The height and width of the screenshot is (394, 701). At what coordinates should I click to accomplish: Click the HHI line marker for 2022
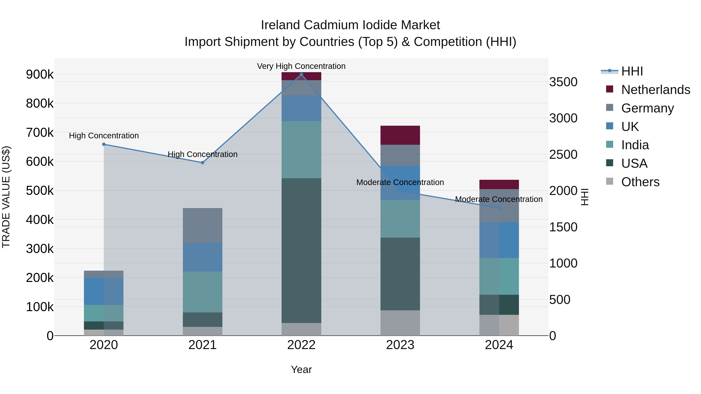pyautogui.click(x=301, y=75)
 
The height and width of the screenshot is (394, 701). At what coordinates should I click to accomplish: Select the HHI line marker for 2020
pyautogui.click(x=104, y=144)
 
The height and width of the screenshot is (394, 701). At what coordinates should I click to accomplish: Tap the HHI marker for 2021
pyautogui.click(x=203, y=163)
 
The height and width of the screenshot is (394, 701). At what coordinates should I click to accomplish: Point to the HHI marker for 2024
pyautogui.click(x=499, y=208)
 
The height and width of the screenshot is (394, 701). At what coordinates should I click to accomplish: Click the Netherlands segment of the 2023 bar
pyautogui.click(x=400, y=135)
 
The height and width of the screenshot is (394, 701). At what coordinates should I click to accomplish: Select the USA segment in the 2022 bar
pyautogui.click(x=301, y=250)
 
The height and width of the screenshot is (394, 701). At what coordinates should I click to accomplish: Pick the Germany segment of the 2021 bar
pyautogui.click(x=203, y=226)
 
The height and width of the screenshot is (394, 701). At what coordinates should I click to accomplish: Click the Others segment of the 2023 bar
pyautogui.click(x=400, y=323)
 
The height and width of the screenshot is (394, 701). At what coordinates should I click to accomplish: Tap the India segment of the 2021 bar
pyautogui.click(x=203, y=292)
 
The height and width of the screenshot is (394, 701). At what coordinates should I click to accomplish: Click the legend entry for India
pyautogui.click(x=635, y=145)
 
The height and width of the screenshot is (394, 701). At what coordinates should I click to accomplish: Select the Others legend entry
pyautogui.click(x=640, y=182)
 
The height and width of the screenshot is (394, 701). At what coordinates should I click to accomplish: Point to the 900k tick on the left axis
pyautogui.click(x=40, y=75)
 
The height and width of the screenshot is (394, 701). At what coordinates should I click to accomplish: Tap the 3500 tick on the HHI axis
pyautogui.click(x=563, y=82)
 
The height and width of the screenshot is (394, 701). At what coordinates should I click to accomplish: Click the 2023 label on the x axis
pyautogui.click(x=400, y=345)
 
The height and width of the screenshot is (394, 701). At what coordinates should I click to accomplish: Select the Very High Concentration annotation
pyautogui.click(x=301, y=66)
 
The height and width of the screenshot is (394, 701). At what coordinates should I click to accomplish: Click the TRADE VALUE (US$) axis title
pyautogui.click(x=6, y=197)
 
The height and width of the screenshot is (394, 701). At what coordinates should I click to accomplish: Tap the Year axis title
pyautogui.click(x=301, y=369)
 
